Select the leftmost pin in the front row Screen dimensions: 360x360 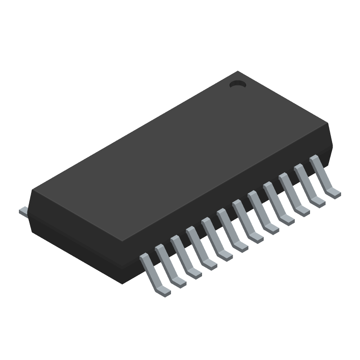[153, 274]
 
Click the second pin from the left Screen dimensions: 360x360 [168, 265]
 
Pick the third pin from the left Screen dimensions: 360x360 [183, 256]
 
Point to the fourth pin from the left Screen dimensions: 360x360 [198, 247]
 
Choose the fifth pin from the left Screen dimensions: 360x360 [214, 238]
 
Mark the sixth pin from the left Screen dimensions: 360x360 [229, 229]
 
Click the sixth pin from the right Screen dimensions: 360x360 [244, 220]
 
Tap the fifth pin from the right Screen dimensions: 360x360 [260, 211]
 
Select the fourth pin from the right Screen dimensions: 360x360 [275, 202]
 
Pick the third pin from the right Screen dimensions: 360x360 [290, 193]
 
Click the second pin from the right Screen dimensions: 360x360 [306, 184]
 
